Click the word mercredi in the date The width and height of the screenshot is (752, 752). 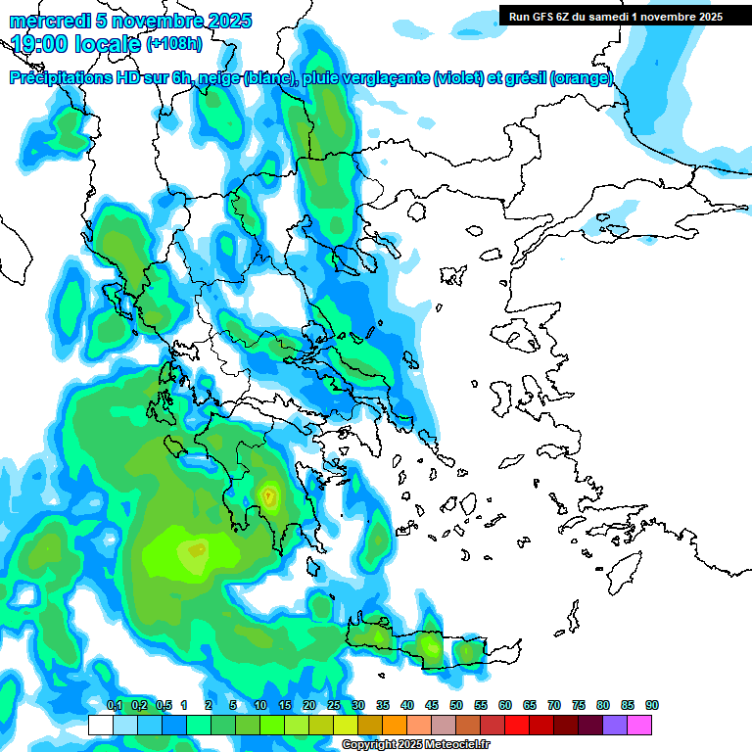point(43,21)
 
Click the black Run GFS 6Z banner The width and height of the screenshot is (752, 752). point(617,16)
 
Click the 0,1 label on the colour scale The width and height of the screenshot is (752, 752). point(115,706)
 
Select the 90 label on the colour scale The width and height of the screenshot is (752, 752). point(651,706)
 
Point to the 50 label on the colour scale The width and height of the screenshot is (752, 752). point(456,706)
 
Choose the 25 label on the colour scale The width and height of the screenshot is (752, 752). point(334,706)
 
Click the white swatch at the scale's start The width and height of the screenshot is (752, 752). point(100,725)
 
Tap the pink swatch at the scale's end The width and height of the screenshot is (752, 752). point(639,725)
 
